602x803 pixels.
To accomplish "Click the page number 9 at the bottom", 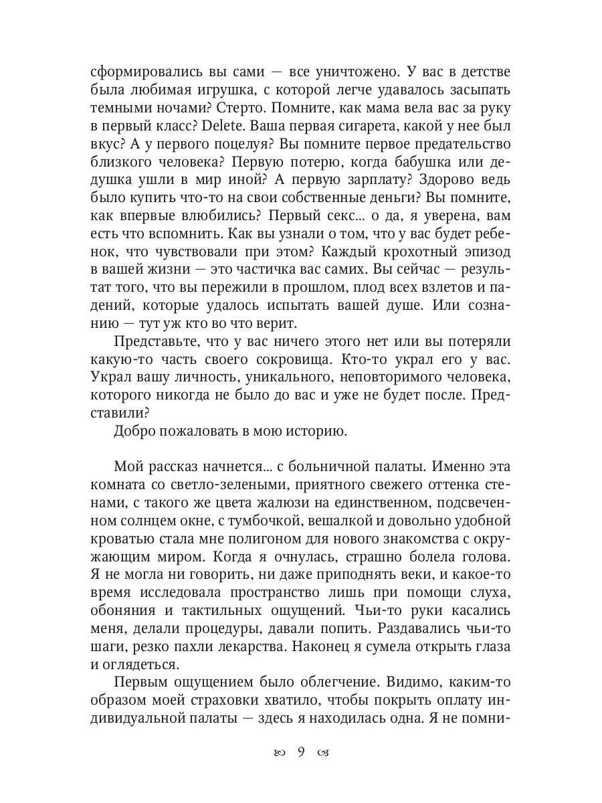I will (x=301, y=752).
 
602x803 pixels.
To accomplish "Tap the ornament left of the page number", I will (x=278, y=753).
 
